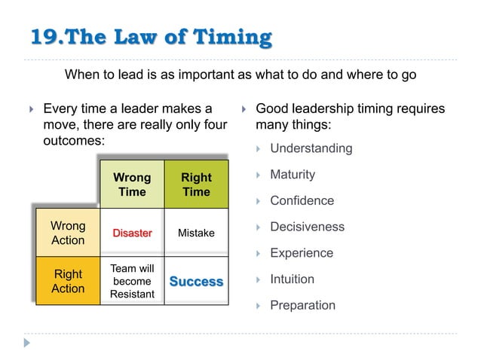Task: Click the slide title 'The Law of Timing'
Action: pyautogui.click(x=173, y=36)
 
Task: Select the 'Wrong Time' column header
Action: pyautogui.click(x=132, y=185)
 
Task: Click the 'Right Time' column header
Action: pyautogui.click(x=196, y=185)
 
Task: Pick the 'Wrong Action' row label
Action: pyautogui.click(x=68, y=233)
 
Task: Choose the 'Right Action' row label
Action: pyautogui.click(x=68, y=281)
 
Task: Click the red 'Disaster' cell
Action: pyautogui.click(x=132, y=233)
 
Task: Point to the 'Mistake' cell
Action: pyautogui.click(x=196, y=233)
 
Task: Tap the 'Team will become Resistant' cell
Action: pyautogui.click(x=132, y=281)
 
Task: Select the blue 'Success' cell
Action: pyautogui.click(x=196, y=282)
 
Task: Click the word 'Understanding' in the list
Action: pyautogui.click(x=311, y=148)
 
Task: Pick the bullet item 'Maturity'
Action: pyautogui.click(x=293, y=175)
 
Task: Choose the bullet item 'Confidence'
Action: pyautogui.click(x=302, y=201)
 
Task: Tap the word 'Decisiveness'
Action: pyautogui.click(x=307, y=227)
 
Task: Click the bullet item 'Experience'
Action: pyautogui.click(x=302, y=253)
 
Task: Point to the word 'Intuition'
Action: pyautogui.click(x=292, y=279)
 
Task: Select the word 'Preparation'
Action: pyautogui.click(x=302, y=305)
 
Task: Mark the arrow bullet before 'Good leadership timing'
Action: pyautogui.click(x=243, y=110)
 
